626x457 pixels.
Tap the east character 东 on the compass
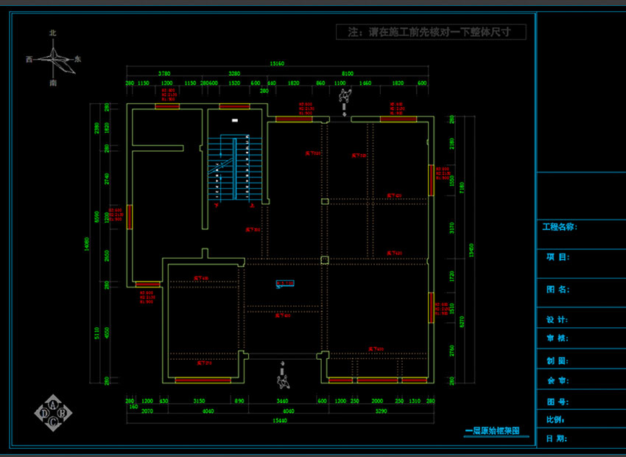coord(78,58)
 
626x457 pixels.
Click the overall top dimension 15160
coord(278,63)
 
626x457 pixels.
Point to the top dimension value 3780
coord(164,74)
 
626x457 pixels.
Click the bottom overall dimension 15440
coord(278,420)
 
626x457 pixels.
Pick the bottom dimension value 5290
coord(381,411)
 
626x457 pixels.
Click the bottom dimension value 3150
coord(199,402)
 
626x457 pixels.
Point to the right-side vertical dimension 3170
coord(452,228)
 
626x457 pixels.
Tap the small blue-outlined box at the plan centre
coord(284,282)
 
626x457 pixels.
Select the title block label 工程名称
coord(560,227)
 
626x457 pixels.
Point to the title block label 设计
coord(557,320)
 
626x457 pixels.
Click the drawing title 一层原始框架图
coord(493,430)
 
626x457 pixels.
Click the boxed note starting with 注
coord(431,32)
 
